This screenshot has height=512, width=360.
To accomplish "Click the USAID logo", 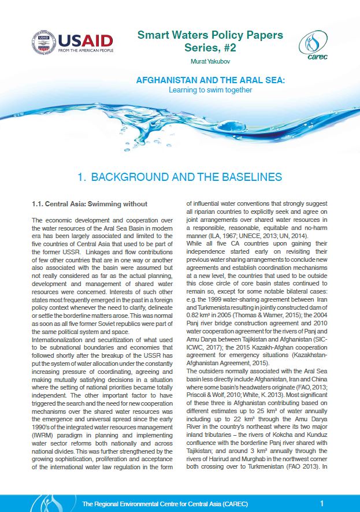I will click(x=73, y=42).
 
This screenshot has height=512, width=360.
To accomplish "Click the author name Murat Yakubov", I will click(x=210, y=60).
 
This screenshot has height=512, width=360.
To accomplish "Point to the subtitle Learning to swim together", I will click(x=210, y=90).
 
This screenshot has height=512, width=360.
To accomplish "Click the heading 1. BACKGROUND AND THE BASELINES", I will click(x=180, y=177).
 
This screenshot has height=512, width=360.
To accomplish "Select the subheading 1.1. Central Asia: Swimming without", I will click(x=90, y=204).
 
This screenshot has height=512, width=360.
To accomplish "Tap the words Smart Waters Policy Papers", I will click(x=210, y=35).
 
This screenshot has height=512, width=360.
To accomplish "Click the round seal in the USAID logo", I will click(x=44, y=42).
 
